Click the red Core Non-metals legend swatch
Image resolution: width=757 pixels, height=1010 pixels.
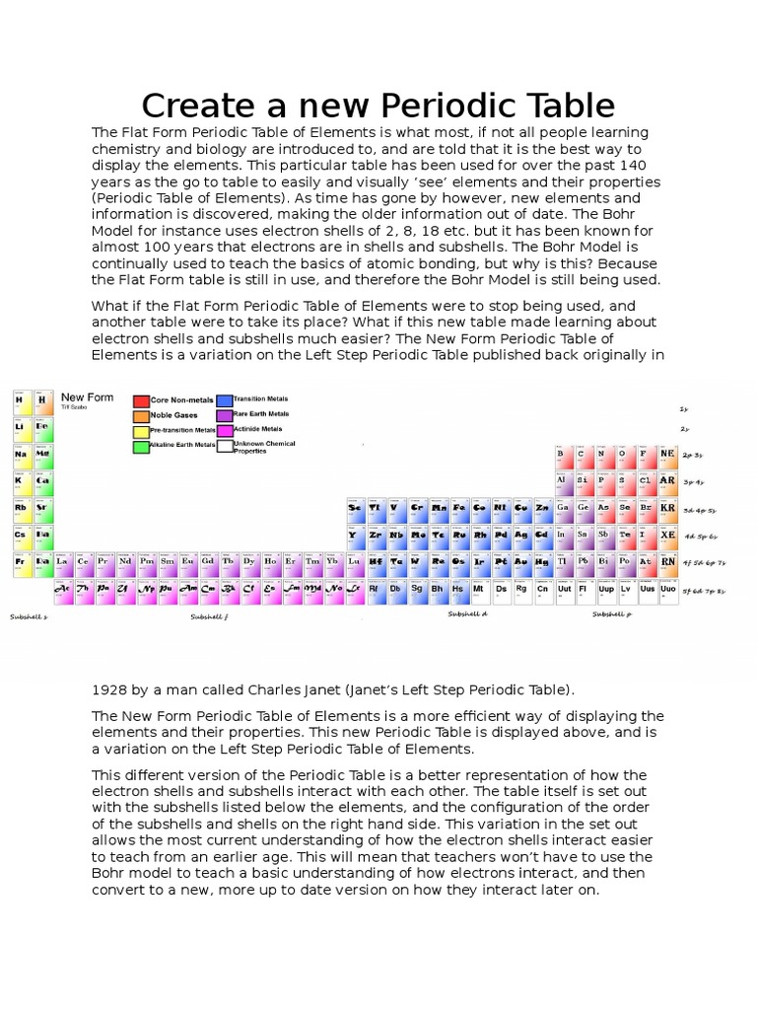coord(142,401)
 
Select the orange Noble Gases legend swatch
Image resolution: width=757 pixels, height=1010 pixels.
coord(142,416)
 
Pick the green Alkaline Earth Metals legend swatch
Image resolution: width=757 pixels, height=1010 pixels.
coord(142,446)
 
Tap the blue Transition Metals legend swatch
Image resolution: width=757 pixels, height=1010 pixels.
coord(225,400)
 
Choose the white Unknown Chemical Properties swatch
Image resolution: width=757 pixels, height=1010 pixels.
coord(225,447)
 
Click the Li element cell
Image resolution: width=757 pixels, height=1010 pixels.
coord(20,428)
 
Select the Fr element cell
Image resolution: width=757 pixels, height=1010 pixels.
coord(20,561)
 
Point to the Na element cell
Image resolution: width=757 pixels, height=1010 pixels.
coord(20,455)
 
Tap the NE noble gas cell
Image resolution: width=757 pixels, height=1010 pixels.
coord(667,455)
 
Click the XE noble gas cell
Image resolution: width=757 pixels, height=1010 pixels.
coord(667,535)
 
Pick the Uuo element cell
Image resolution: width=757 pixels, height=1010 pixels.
coord(667,589)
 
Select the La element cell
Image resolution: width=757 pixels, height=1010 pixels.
coord(62,561)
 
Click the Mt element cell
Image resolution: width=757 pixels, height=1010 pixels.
coord(478,589)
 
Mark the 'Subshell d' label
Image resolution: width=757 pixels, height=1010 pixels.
coord(467,613)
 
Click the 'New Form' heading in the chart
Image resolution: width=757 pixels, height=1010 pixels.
coord(88,397)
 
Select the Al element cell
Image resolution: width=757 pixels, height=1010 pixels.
coord(561,481)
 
